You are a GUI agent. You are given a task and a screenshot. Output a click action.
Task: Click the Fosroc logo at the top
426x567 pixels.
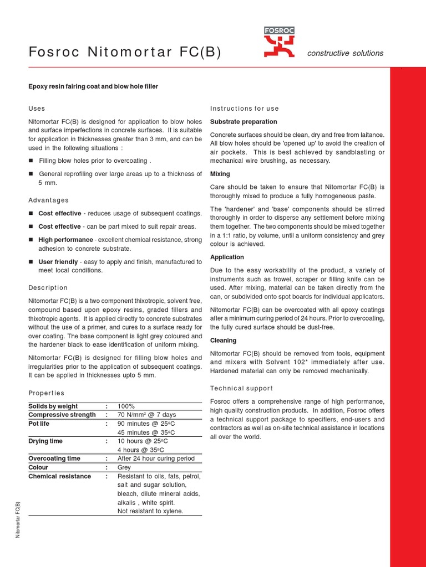pyautogui.click(x=279, y=43)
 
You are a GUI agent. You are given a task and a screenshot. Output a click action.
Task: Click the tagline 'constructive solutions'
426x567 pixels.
pyautogui.click(x=345, y=53)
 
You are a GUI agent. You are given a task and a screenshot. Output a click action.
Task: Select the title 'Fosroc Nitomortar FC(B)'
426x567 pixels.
pyautogui.click(x=125, y=52)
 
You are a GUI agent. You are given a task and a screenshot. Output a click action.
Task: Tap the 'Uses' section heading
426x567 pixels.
pyautogui.click(x=37, y=109)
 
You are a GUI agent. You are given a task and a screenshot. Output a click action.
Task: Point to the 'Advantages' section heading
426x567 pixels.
pyautogui.click(x=48, y=200)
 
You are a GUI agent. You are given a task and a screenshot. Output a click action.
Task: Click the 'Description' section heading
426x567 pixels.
pyautogui.click(x=48, y=288)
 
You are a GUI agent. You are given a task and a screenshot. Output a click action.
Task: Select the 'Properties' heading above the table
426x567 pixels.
pyautogui.click(x=46, y=393)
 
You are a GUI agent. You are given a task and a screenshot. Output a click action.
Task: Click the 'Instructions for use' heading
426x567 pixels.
pyautogui.click(x=245, y=109)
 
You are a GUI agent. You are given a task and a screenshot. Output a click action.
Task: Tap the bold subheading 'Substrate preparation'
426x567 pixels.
pyautogui.click(x=244, y=121)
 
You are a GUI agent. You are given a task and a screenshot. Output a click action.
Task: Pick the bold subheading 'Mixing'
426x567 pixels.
pyautogui.click(x=220, y=174)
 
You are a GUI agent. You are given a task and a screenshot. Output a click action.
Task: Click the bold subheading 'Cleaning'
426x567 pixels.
pyautogui.click(x=223, y=341)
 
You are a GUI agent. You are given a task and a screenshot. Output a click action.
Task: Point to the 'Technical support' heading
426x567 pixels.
pyautogui.click(x=241, y=388)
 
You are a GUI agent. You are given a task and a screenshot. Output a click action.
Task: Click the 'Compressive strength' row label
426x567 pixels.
pyautogui.click(x=62, y=415)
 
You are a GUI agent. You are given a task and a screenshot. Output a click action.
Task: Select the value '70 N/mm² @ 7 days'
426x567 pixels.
pyautogui.click(x=146, y=415)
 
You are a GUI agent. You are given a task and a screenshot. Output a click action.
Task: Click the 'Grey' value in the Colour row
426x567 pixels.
pyautogui.click(x=124, y=467)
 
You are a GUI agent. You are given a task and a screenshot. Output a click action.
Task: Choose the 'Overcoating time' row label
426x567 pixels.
pyautogui.click(x=54, y=458)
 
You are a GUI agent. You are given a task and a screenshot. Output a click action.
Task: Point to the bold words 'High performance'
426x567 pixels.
pyautogui.click(x=65, y=240)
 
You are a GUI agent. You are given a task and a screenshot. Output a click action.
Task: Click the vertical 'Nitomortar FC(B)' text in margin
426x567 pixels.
pyautogui.click(x=18, y=520)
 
